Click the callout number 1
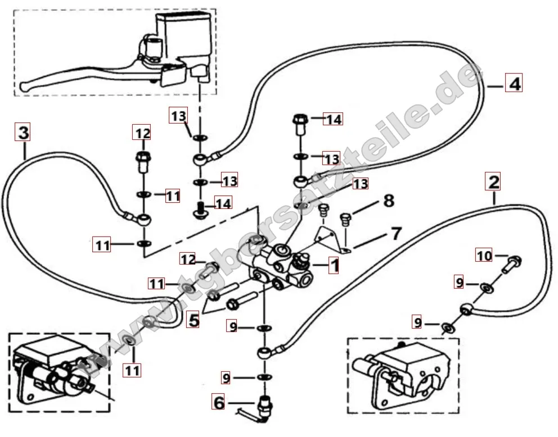(x=334, y=265)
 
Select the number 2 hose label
(x=493, y=181)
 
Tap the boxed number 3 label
(x=22, y=133)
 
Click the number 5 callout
(x=193, y=321)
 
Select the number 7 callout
(x=397, y=233)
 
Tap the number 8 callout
(x=388, y=200)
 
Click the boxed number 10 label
(x=484, y=256)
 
